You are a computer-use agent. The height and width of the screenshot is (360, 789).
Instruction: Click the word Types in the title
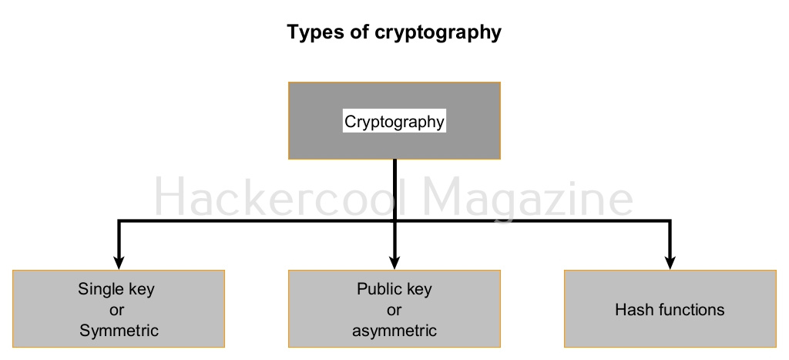pos(312,32)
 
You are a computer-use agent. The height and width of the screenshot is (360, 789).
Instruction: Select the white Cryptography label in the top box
pos(394,121)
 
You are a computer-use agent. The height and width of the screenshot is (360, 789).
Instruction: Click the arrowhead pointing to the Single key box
pos(119,260)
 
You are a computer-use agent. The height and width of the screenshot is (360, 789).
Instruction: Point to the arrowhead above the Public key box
pos(394,260)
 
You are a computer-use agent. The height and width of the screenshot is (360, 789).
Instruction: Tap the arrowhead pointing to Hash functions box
pos(670,260)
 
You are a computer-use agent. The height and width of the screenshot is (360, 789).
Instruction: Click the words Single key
pos(116,290)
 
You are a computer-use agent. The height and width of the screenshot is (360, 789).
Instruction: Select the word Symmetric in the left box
pos(119,331)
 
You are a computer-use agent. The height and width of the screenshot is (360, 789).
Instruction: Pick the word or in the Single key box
pos(118,311)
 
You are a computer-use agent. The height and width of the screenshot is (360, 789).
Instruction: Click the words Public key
pos(394,290)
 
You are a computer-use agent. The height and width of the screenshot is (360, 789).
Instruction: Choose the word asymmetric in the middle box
pos(394,331)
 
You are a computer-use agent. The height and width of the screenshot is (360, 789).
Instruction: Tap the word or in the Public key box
pos(394,311)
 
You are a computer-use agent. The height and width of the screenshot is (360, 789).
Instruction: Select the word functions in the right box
pos(687,310)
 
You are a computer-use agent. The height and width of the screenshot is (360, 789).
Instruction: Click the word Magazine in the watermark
pos(529,199)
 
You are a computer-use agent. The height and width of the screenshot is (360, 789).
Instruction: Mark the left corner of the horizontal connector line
pos(119,222)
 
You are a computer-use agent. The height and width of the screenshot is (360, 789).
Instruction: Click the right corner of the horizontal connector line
pos(670,222)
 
